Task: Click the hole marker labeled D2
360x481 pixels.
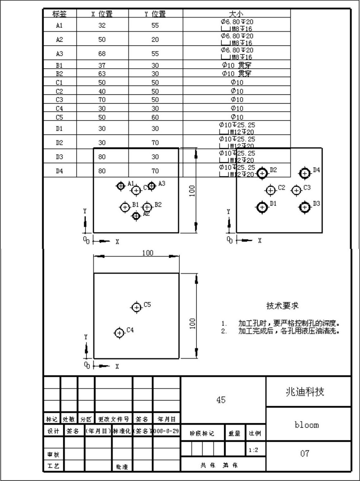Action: point(262,173)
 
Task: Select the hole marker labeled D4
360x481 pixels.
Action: point(305,173)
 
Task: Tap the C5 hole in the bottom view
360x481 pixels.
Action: point(137,307)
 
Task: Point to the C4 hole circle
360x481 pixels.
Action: point(119,333)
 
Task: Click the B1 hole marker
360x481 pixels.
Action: point(125,207)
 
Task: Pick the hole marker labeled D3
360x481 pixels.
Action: point(305,207)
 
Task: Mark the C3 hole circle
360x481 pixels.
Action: point(296,190)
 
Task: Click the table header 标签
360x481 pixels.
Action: point(59,14)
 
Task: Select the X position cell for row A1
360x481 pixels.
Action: point(102,25)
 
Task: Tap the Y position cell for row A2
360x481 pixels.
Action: point(155,39)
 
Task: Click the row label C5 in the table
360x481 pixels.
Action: point(59,117)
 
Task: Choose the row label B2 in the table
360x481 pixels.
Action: point(59,74)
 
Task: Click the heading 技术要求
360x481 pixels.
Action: point(282,306)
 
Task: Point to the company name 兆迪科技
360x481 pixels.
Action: point(305,392)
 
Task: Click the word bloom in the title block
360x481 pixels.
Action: point(307,425)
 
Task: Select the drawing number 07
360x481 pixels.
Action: point(305,454)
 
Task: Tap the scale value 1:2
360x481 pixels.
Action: point(253,450)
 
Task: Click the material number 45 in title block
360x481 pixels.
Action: point(221,400)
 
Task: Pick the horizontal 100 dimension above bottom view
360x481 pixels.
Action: point(148,253)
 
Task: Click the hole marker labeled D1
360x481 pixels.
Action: point(262,207)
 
